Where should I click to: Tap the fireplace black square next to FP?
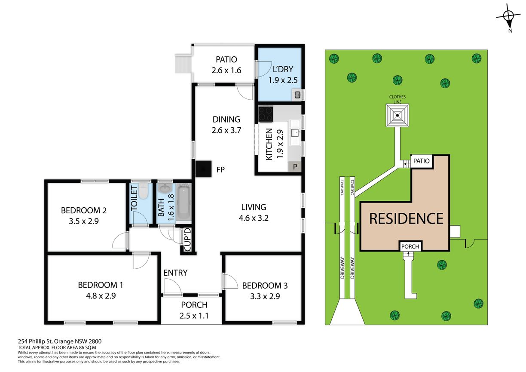203,169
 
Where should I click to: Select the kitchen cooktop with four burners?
266,114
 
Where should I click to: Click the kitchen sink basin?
295,133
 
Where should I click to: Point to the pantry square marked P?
295,166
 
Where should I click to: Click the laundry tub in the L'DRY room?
297,95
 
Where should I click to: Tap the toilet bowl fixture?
143,191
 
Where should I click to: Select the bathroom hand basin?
165,188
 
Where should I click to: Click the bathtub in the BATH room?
184,202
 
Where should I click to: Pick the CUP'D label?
188,240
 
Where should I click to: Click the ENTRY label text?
175,273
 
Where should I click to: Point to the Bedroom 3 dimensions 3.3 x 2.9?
265,296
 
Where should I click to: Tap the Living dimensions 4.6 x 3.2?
254,218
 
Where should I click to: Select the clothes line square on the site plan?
398,115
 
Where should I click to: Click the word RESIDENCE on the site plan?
406,218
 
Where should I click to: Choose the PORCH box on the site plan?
410,246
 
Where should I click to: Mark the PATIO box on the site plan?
421,161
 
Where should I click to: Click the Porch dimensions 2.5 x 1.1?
194,316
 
